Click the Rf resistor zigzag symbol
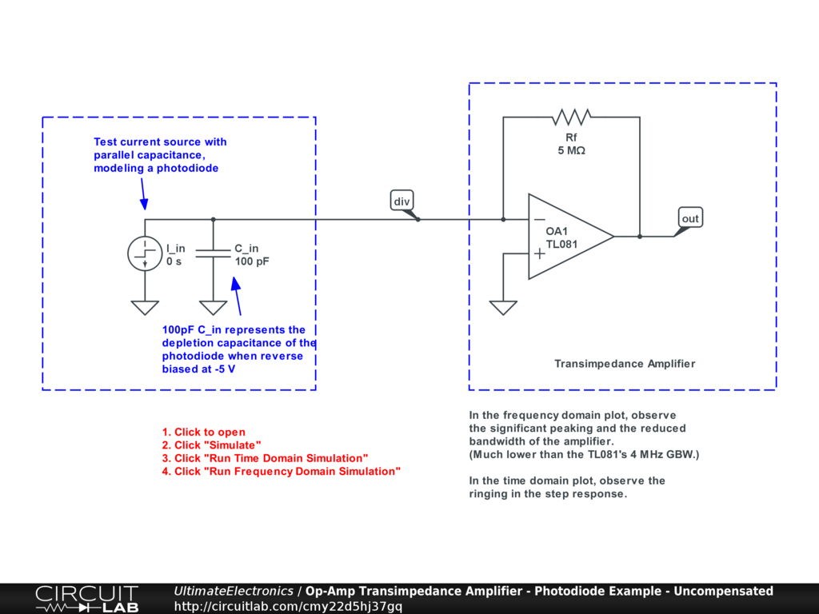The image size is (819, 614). tap(571, 118)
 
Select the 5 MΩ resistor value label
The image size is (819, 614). tap(571, 150)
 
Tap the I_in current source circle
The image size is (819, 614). tap(145, 254)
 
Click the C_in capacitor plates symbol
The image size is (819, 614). tap(213, 254)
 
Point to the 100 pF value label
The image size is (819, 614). tap(252, 261)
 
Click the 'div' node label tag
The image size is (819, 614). tap(401, 201)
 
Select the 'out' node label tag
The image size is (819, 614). tap(689, 218)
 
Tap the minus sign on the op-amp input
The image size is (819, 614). tap(540, 219)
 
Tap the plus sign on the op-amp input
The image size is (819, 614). tap(540, 253)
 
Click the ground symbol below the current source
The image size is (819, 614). tap(145, 308)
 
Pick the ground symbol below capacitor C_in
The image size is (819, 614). tap(213, 308)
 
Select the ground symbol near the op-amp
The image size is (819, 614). tap(503, 308)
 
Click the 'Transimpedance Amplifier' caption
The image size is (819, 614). tap(625, 364)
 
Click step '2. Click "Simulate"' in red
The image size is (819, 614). tap(211, 445)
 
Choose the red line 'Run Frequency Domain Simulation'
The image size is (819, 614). tap(281, 472)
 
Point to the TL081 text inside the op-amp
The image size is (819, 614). tap(562, 245)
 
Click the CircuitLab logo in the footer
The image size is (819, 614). tap(86, 599)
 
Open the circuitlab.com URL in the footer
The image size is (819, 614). tap(288, 606)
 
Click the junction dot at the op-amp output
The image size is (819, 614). tap(640, 236)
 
